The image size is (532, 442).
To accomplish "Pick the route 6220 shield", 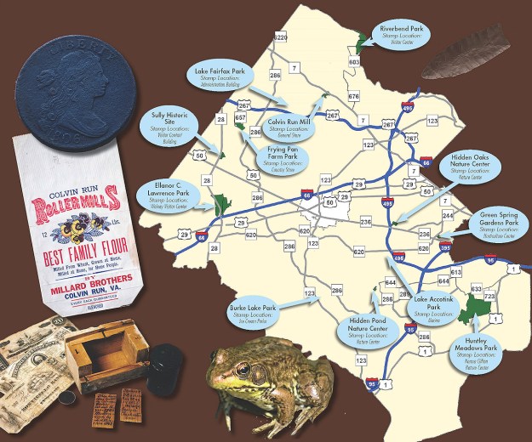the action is click(x=281, y=37).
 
